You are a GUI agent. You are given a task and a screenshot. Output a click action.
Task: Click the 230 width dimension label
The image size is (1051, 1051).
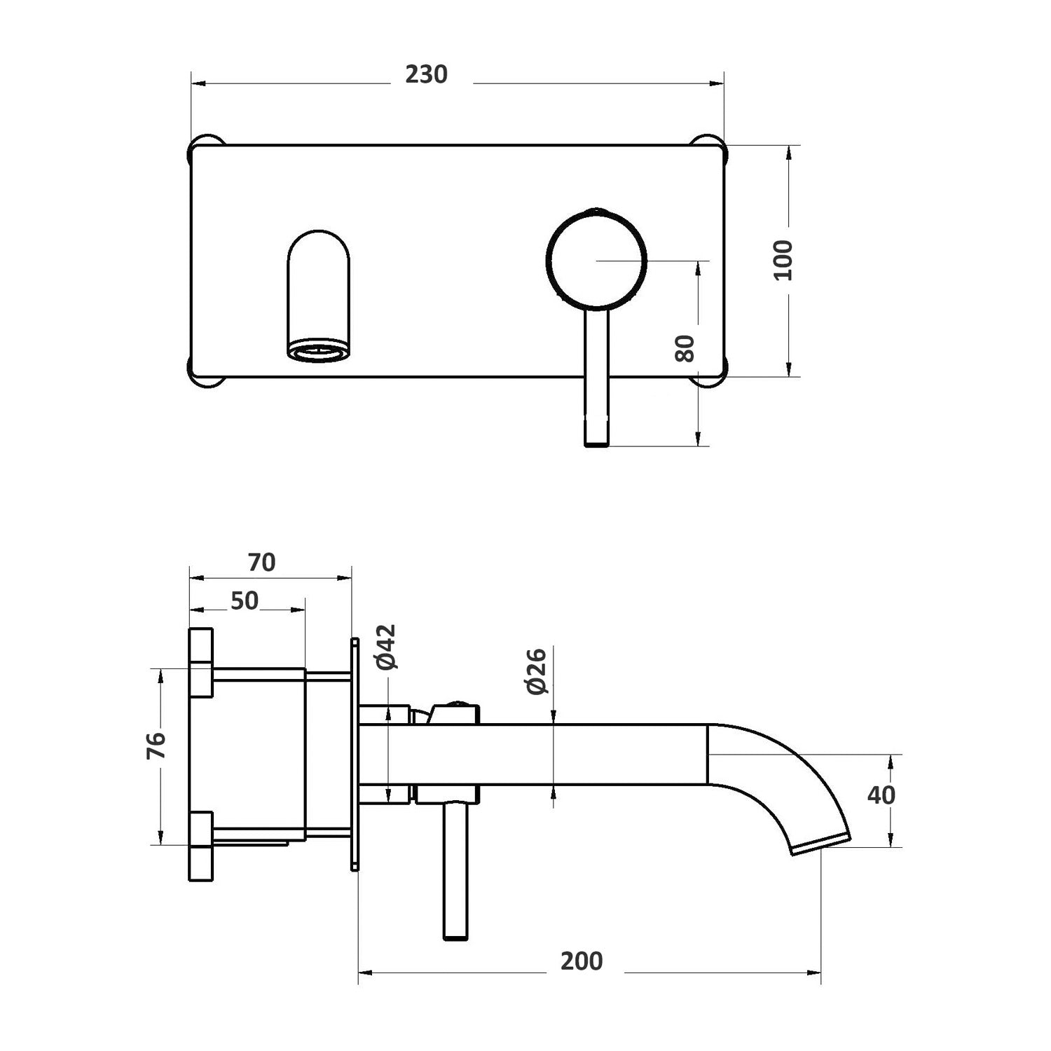click(426, 74)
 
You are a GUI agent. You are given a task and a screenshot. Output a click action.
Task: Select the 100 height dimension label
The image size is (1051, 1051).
click(783, 260)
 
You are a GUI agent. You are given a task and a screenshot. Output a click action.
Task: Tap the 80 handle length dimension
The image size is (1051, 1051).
click(685, 348)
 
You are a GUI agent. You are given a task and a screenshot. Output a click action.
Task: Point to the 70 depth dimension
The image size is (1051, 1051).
click(261, 563)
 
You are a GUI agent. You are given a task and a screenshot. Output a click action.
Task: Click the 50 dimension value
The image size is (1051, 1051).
click(245, 600)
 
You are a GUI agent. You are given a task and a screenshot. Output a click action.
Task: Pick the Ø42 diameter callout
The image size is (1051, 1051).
click(386, 647)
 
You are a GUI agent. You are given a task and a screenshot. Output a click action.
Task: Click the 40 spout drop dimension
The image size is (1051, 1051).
click(881, 795)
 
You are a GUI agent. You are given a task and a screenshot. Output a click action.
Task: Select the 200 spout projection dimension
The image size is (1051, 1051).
click(582, 961)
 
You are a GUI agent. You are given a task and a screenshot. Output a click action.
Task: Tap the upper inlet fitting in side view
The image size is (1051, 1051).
click(202, 662)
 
